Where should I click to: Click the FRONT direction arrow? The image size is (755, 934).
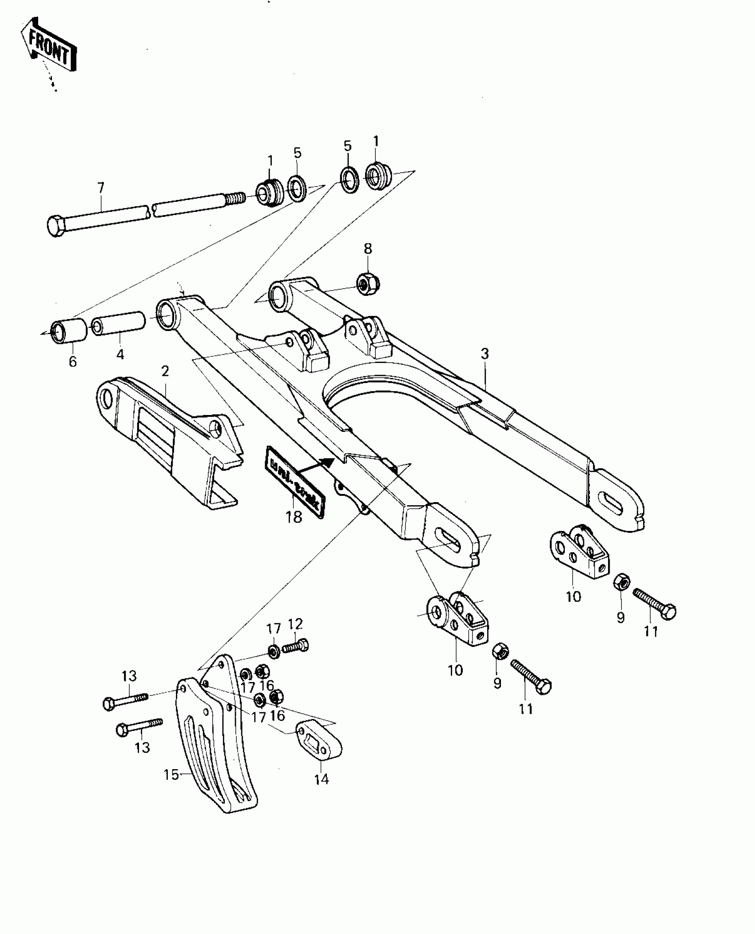(x=48, y=46)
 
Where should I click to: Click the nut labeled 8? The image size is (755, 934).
(x=368, y=283)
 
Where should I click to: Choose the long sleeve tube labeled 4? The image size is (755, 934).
(x=119, y=324)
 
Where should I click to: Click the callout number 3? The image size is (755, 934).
(x=485, y=354)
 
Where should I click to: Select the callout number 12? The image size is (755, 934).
(x=295, y=624)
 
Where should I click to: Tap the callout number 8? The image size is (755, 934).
(x=368, y=248)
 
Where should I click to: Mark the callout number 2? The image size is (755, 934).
(x=165, y=371)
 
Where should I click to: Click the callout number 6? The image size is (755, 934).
(x=73, y=362)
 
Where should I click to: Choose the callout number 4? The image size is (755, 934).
(x=120, y=354)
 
